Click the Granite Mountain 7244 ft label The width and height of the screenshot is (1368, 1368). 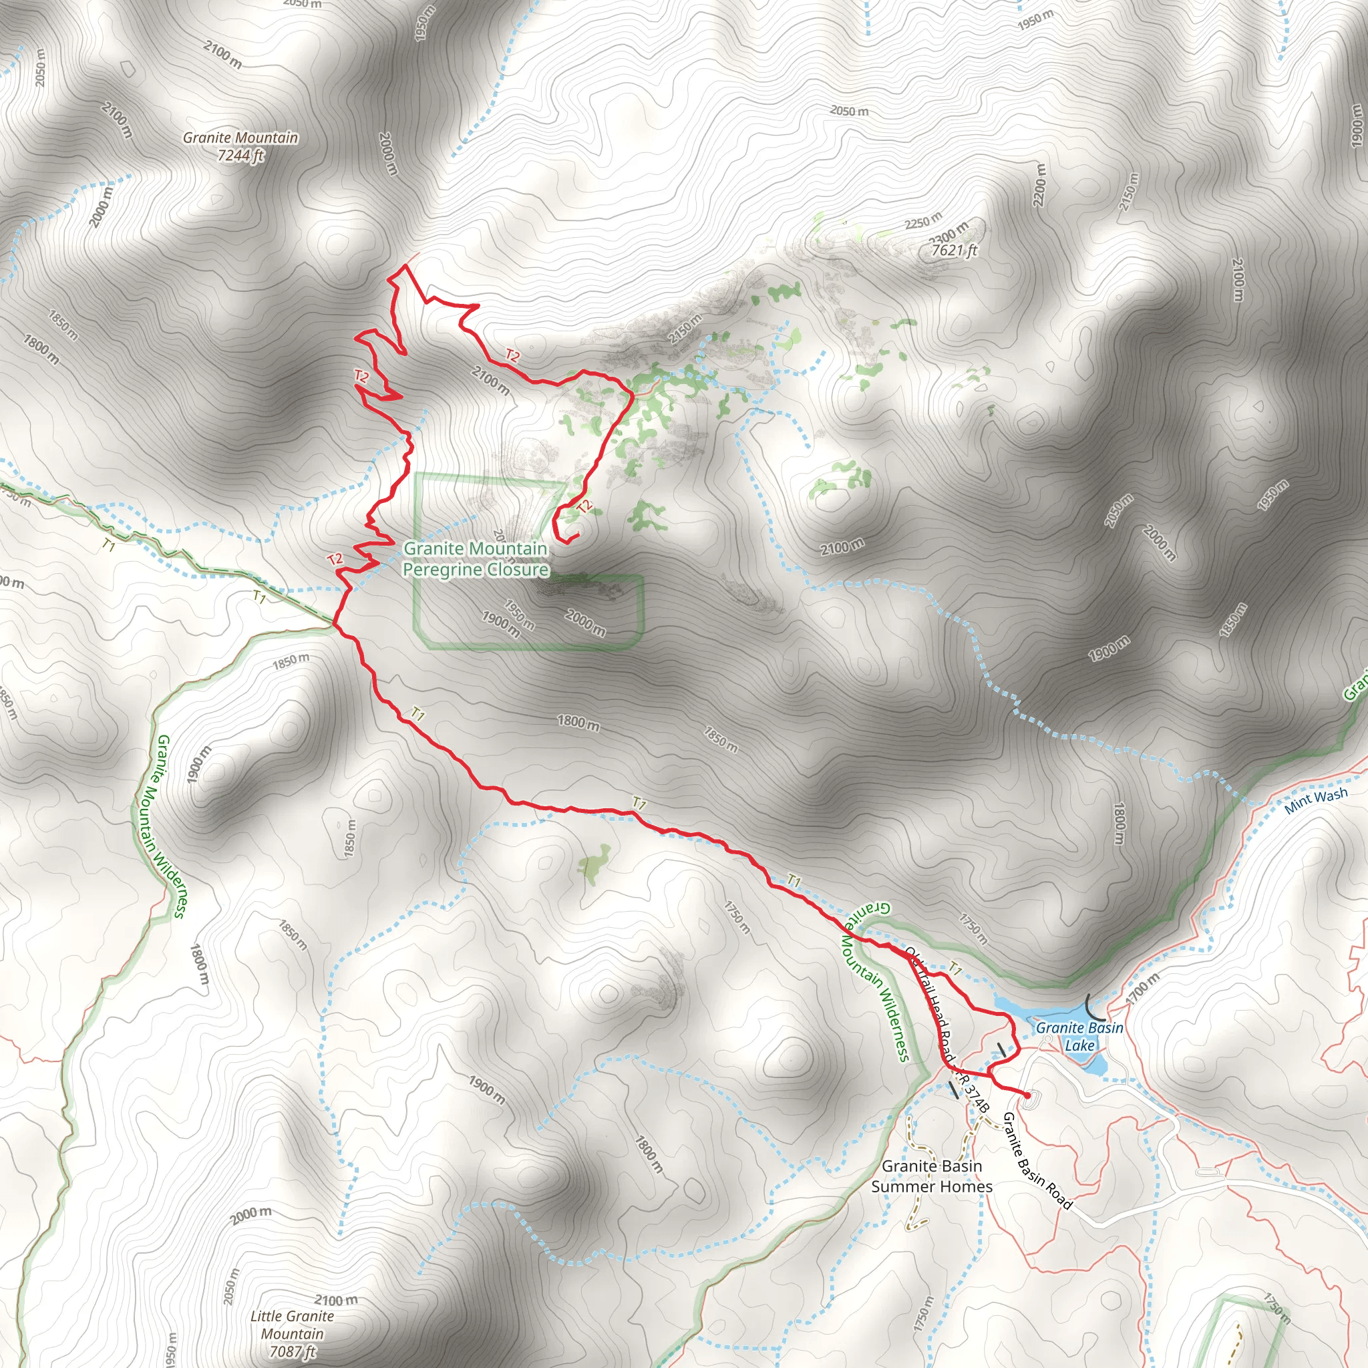[x=240, y=146]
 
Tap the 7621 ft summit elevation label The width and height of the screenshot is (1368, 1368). [x=954, y=250]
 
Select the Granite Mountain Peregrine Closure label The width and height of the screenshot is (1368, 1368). [x=475, y=558]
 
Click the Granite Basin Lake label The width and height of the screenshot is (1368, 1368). [x=1079, y=1036]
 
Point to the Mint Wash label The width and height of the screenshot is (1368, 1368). [x=1316, y=800]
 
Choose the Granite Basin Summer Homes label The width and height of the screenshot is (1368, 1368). [x=931, y=1176]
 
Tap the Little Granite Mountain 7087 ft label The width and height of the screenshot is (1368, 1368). [x=292, y=1333]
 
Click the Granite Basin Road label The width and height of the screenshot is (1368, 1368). [x=1037, y=1160]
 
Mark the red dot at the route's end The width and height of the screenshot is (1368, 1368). [x=1027, y=1095]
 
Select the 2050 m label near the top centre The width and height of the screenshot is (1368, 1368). [x=849, y=111]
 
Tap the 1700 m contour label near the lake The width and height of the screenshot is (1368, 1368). [x=1143, y=988]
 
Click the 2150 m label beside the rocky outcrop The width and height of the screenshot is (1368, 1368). [x=685, y=329]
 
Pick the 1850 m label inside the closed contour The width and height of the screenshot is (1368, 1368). [x=350, y=839]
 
